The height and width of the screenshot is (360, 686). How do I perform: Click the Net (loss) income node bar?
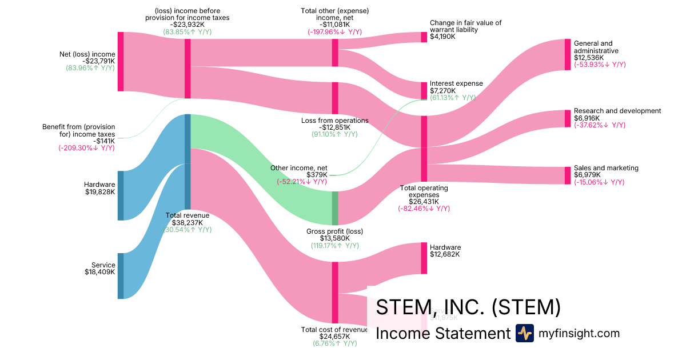pyautogui.click(x=121, y=62)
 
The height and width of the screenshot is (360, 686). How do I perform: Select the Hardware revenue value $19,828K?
pyautogui.click(x=99, y=192)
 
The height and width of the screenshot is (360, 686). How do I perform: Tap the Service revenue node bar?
pyautogui.click(x=121, y=276)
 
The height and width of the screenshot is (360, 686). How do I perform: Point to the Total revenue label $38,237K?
pyautogui.click(x=188, y=223)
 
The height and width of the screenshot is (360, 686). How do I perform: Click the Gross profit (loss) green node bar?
pyautogui.click(x=335, y=208)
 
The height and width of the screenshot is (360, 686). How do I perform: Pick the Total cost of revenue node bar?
pyautogui.click(x=335, y=293)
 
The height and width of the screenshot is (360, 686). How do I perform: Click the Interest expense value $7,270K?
pyautogui.click(x=443, y=90)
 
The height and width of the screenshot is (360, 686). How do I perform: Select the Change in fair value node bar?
pyautogui.click(x=424, y=37)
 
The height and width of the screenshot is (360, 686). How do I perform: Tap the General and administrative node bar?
pyautogui.click(x=568, y=55)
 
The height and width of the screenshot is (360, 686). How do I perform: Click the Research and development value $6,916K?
pyautogui.click(x=587, y=118)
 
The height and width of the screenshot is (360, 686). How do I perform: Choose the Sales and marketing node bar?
pyautogui.click(x=568, y=175)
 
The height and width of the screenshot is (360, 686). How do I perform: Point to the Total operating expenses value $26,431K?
pyautogui.click(x=424, y=201)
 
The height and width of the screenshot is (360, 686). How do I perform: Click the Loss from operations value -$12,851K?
pyautogui.click(x=334, y=127)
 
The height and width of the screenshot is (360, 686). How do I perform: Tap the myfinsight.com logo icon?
pyautogui.click(x=524, y=333)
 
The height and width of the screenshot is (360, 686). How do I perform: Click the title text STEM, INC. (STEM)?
pyautogui.click(x=468, y=307)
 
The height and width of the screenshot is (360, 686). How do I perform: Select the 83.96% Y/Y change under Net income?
pyautogui.click(x=90, y=68)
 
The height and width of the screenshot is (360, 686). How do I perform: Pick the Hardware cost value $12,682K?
pyautogui.click(x=445, y=254)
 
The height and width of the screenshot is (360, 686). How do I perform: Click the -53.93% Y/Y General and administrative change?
pyautogui.click(x=600, y=65)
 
